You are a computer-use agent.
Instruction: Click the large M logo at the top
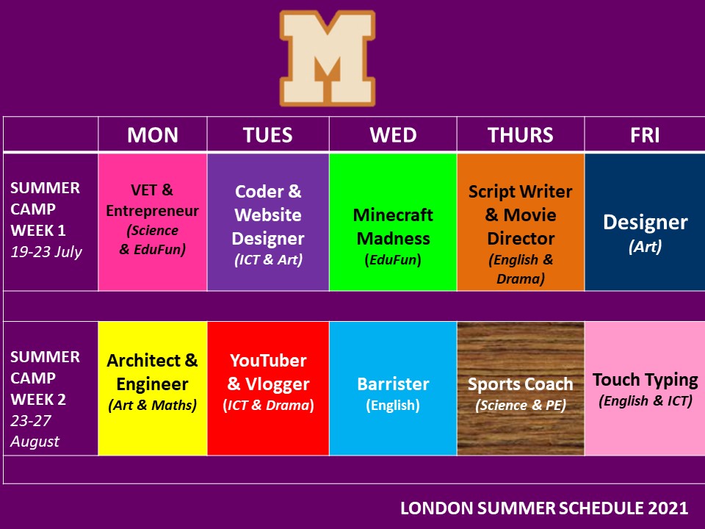point(328,59)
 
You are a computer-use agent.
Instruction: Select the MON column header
point(153,135)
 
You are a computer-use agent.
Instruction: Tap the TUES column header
point(268,135)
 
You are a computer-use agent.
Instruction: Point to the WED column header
point(393,135)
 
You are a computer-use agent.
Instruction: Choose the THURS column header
point(521,135)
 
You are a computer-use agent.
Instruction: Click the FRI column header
point(645,135)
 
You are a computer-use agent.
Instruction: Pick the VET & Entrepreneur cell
point(153,222)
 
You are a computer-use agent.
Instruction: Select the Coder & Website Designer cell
point(268,222)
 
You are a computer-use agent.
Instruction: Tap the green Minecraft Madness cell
point(393,222)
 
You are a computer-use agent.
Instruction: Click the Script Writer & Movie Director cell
point(521,222)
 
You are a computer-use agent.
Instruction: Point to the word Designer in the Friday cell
point(646,222)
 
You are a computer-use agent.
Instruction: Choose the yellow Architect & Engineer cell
point(153,388)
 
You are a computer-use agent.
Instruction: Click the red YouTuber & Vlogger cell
point(268,388)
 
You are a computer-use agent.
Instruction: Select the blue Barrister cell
point(393,388)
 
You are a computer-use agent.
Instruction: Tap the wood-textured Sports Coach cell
point(521,388)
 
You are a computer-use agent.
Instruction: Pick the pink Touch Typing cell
point(645,388)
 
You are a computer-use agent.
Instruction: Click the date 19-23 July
point(46,252)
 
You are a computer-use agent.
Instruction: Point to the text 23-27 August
point(35,431)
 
